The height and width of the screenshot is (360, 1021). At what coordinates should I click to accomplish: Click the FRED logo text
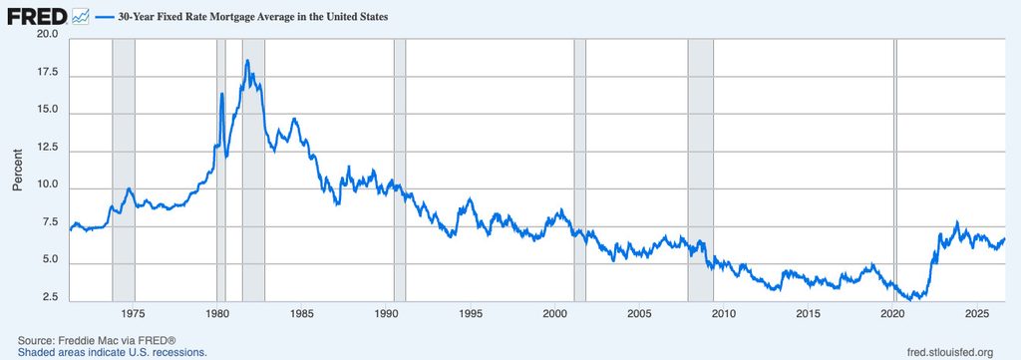pyautogui.click(x=37, y=17)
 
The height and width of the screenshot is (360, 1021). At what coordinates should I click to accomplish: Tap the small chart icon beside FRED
pyautogui.click(x=81, y=16)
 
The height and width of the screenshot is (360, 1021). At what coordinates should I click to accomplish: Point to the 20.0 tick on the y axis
pyautogui.click(x=50, y=34)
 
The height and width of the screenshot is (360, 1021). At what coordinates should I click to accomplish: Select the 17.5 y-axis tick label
pyautogui.click(x=50, y=75)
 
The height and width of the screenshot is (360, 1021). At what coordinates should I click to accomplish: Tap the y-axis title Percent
pyautogui.click(x=18, y=170)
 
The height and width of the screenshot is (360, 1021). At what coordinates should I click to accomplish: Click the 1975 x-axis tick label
pyautogui.click(x=133, y=312)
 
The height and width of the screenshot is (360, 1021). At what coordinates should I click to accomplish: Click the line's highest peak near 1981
pyautogui.click(x=247, y=61)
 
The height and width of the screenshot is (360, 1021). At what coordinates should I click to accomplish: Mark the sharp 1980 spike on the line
pyautogui.click(x=222, y=94)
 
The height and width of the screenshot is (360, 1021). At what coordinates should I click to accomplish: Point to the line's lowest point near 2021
pyautogui.click(x=910, y=299)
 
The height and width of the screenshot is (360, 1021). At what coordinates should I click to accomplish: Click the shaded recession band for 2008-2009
pyautogui.click(x=701, y=170)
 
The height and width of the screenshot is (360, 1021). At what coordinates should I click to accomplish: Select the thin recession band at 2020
pyautogui.click(x=894, y=170)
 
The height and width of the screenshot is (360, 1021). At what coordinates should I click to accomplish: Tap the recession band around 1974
pyautogui.click(x=124, y=170)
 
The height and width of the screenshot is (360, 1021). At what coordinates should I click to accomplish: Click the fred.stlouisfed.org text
pyautogui.click(x=950, y=352)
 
